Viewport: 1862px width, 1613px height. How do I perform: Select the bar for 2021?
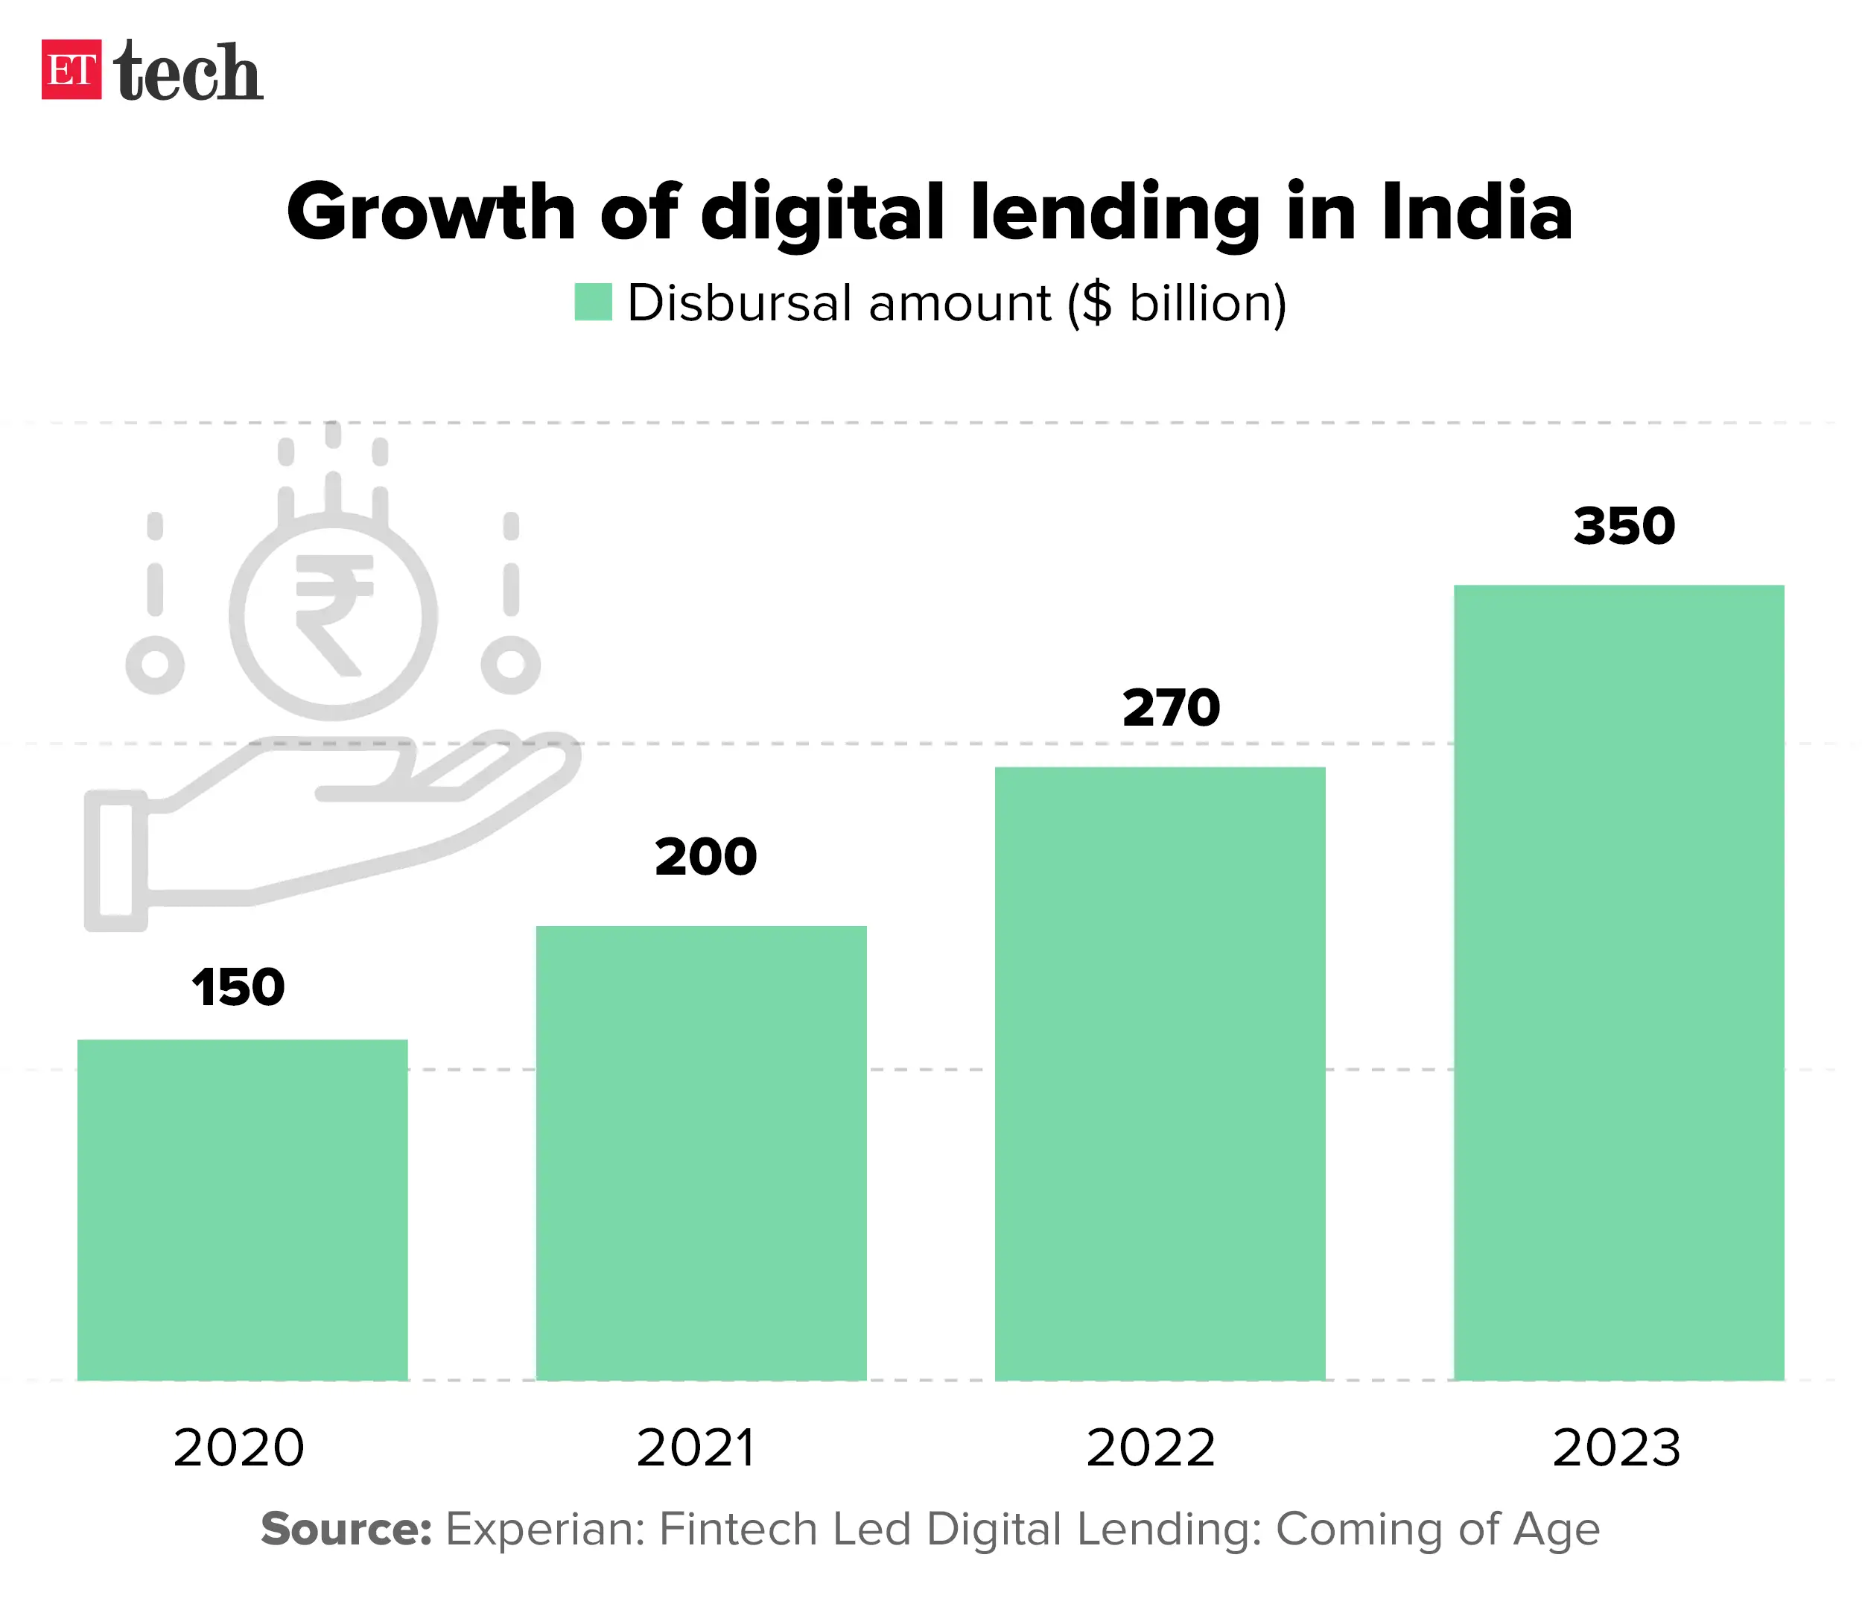[x=701, y=1152]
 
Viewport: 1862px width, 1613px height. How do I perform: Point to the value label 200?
[x=705, y=856]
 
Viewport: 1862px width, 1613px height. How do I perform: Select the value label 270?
[x=1171, y=708]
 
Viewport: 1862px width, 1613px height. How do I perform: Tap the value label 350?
[x=1624, y=526]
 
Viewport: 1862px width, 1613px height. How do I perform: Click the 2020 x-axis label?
[x=238, y=1448]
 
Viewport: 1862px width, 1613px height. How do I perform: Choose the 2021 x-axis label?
[x=695, y=1448]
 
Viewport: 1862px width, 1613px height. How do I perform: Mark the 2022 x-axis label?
[x=1150, y=1448]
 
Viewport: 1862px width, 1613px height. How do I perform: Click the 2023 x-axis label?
[x=1616, y=1448]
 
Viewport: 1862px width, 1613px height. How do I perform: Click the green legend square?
[x=593, y=302]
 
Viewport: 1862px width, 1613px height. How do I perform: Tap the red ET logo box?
[x=71, y=69]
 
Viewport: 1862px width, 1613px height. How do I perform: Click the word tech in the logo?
[x=189, y=72]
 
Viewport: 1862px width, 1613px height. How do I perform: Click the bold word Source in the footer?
[x=346, y=1530]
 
